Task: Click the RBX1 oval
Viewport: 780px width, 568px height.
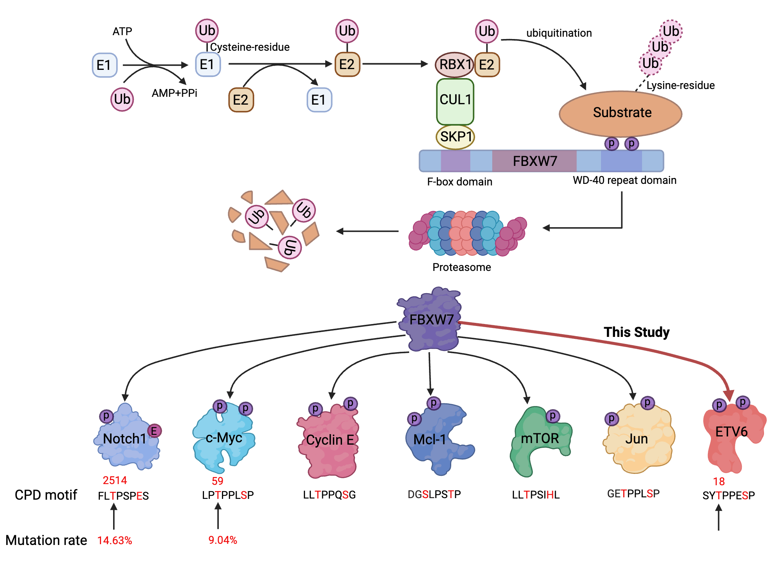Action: pyautogui.click(x=454, y=64)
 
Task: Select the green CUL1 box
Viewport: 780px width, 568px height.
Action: pyautogui.click(x=455, y=101)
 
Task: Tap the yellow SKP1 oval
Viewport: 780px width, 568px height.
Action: pyautogui.click(x=455, y=137)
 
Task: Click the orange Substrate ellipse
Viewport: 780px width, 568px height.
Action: pyautogui.click(x=621, y=113)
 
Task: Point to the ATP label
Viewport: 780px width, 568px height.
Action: pyautogui.click(x=122, y=31)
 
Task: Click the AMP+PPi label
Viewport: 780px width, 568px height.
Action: pyautogui.click(x=174, y=93)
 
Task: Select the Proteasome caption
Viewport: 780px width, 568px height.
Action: pyautogui.click(x=462, y=267)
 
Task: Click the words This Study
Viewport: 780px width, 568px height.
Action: pyautogui.click(x=636, y=332)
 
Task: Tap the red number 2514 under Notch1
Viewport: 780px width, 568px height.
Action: pyautogui.click(x=115, y=480)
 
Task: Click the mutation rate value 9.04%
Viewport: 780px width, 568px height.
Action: pyautogui.click(x=223, y=540)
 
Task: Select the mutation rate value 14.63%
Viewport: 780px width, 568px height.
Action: pyautogui.click(x=115, y=541)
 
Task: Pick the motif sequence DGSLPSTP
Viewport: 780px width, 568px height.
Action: pyautogui.click(x=434, y=495)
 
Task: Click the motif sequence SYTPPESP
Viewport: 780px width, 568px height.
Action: pyautogui.click(x=729, y=496)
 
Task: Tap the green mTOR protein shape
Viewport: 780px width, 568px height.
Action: pyautogui.click(x=540, y=441)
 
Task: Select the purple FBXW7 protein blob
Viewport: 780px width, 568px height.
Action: pyautogui.click(x=431, y=320)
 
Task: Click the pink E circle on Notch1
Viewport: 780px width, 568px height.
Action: pyautogui.click(x=154, y=431)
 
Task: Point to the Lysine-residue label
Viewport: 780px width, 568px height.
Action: pyautogui.click(x=681, y=85)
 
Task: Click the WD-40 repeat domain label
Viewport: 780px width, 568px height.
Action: pyautogui.click(x=624, y=180)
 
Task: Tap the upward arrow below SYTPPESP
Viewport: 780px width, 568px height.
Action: pyautogui.click(x=718, y=517)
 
